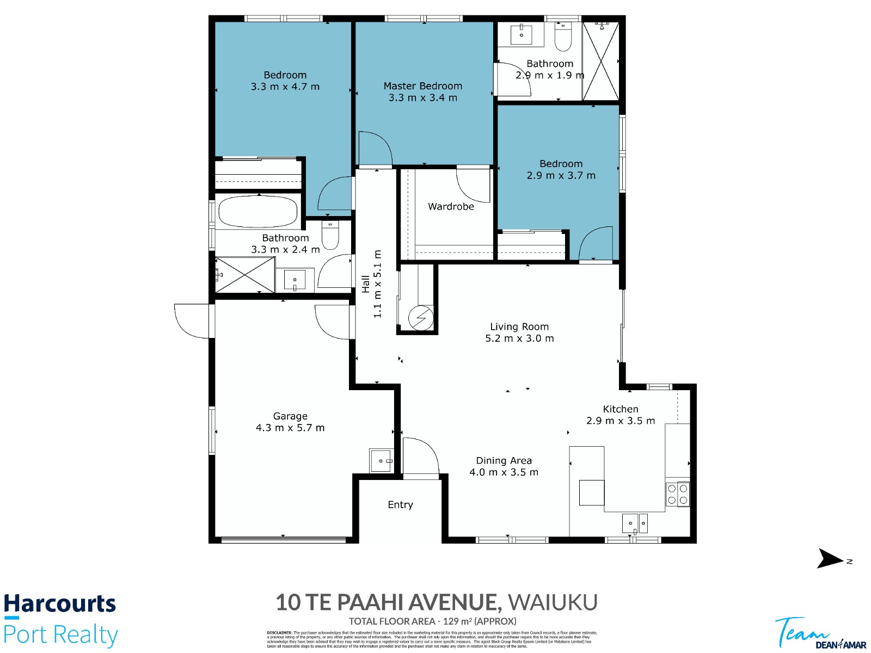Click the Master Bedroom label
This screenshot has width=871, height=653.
pos(422,86)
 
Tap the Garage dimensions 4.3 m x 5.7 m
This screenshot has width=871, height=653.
pos(290,428)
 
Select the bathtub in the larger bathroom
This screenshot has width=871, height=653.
pos(257,211)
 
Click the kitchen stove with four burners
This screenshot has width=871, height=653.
pos(677,494)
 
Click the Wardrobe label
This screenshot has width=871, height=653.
pos(451,207)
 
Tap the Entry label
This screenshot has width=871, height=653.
pos(400,505)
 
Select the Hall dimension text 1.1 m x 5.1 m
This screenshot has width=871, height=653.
pos(377,284)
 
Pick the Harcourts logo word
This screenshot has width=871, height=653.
pos(60,604)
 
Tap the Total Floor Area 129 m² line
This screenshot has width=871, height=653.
pos(432,621)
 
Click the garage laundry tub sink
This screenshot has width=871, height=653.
pos(381,461)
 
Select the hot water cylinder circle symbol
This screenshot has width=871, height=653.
pos(421,317)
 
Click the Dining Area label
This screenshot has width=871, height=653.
pos(504,461)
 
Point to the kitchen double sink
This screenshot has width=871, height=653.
pos(635,523)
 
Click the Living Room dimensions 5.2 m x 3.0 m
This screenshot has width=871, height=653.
pos(519,338)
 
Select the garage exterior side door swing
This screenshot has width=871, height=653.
pos(192,321)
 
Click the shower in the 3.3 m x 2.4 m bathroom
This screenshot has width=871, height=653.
pos(245,275)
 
